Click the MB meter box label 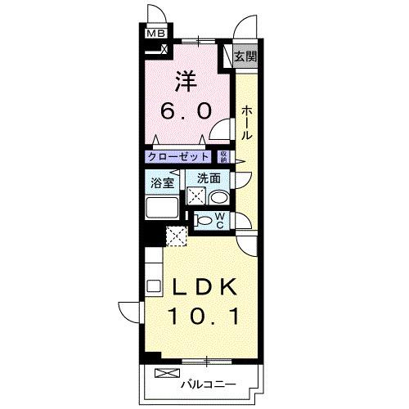pos(155,34)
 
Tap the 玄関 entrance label pos(245,56)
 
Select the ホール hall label pos(245,121)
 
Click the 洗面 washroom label pos(208,178)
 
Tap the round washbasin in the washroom pos(218,196)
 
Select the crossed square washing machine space pos(196,196)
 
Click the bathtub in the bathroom pos(164,206)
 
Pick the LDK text pos(204,289)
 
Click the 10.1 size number pos(204,316)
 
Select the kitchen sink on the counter pos(152,286)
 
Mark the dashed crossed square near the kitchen pos(176,236)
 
